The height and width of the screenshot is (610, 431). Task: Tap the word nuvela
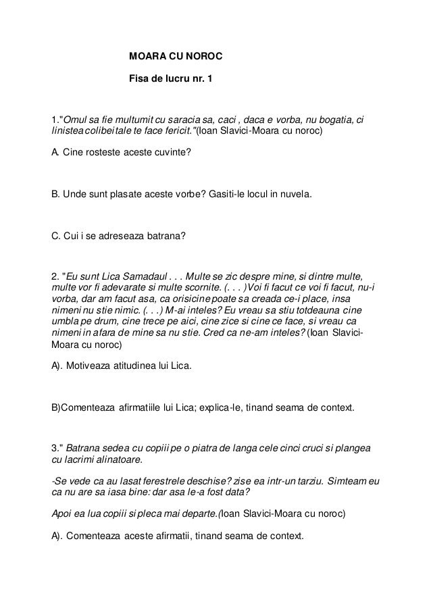pos(295,195)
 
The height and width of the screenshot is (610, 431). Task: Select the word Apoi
pos(64,513)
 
